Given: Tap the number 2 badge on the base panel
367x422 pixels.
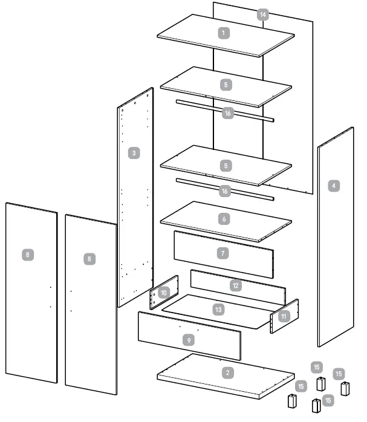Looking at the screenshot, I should point(227,372).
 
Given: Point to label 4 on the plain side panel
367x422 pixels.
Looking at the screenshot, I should point(334,186).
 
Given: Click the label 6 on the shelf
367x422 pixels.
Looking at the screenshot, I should point(224,219).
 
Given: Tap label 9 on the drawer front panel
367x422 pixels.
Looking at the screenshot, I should point(189,341).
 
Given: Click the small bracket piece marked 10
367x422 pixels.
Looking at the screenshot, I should point(164,292).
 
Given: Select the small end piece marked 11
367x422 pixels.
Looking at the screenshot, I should point(284,316).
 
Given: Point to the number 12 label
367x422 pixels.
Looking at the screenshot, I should point(237,284).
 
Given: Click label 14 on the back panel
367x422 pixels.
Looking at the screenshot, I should point(262,15).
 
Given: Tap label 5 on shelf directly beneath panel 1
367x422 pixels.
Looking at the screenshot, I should point(226,85).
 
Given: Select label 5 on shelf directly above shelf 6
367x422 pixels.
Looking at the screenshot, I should point(226,164).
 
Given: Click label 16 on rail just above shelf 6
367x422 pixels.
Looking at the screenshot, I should point(225,190).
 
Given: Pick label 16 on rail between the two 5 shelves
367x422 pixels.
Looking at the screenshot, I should point(227,113).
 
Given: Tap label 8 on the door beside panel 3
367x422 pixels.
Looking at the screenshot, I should point(89,258).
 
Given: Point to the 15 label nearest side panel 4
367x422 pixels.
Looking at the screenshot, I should point(339,374).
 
